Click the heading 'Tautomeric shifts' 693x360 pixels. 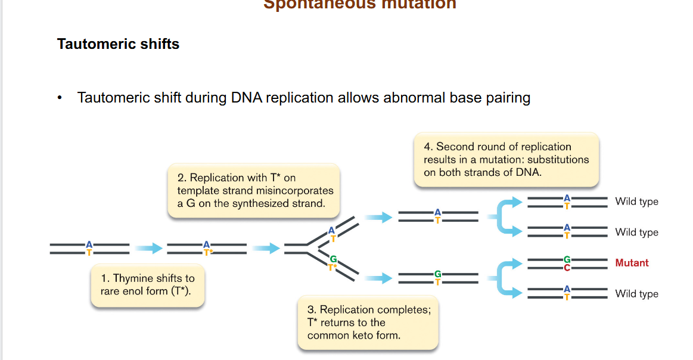(118, 44)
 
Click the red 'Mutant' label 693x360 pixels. (632, 263)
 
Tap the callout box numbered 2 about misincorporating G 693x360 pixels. (254, 191)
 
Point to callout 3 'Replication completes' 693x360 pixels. (368, 322)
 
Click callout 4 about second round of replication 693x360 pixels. (506, 159)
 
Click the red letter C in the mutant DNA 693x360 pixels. (567, 268)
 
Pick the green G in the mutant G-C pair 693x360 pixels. (567, 259)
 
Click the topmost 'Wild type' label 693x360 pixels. (636, 201)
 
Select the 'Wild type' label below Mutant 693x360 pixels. (636, 294)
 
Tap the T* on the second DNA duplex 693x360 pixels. (207, 253)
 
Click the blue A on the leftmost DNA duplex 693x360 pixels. (89, 244)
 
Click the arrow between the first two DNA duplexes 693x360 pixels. (148, 249)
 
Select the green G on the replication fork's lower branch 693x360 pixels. (332, 259)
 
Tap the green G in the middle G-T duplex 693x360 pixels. (437, 274)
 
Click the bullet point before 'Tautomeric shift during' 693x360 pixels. (60, 98)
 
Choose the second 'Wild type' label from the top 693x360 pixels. (636, 232)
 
